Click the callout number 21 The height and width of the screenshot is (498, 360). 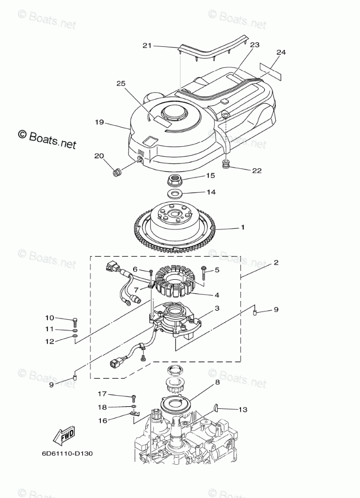point(147,46)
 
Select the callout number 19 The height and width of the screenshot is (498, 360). point(99,122)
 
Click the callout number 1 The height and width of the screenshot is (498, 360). point(243,228)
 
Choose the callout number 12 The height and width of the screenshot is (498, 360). point(49,341)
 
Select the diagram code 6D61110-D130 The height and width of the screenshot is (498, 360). point(67,453)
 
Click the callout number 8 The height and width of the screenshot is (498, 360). point(217,383)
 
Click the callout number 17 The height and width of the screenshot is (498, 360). point(102,394)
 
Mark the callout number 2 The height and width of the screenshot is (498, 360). point(276,263)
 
